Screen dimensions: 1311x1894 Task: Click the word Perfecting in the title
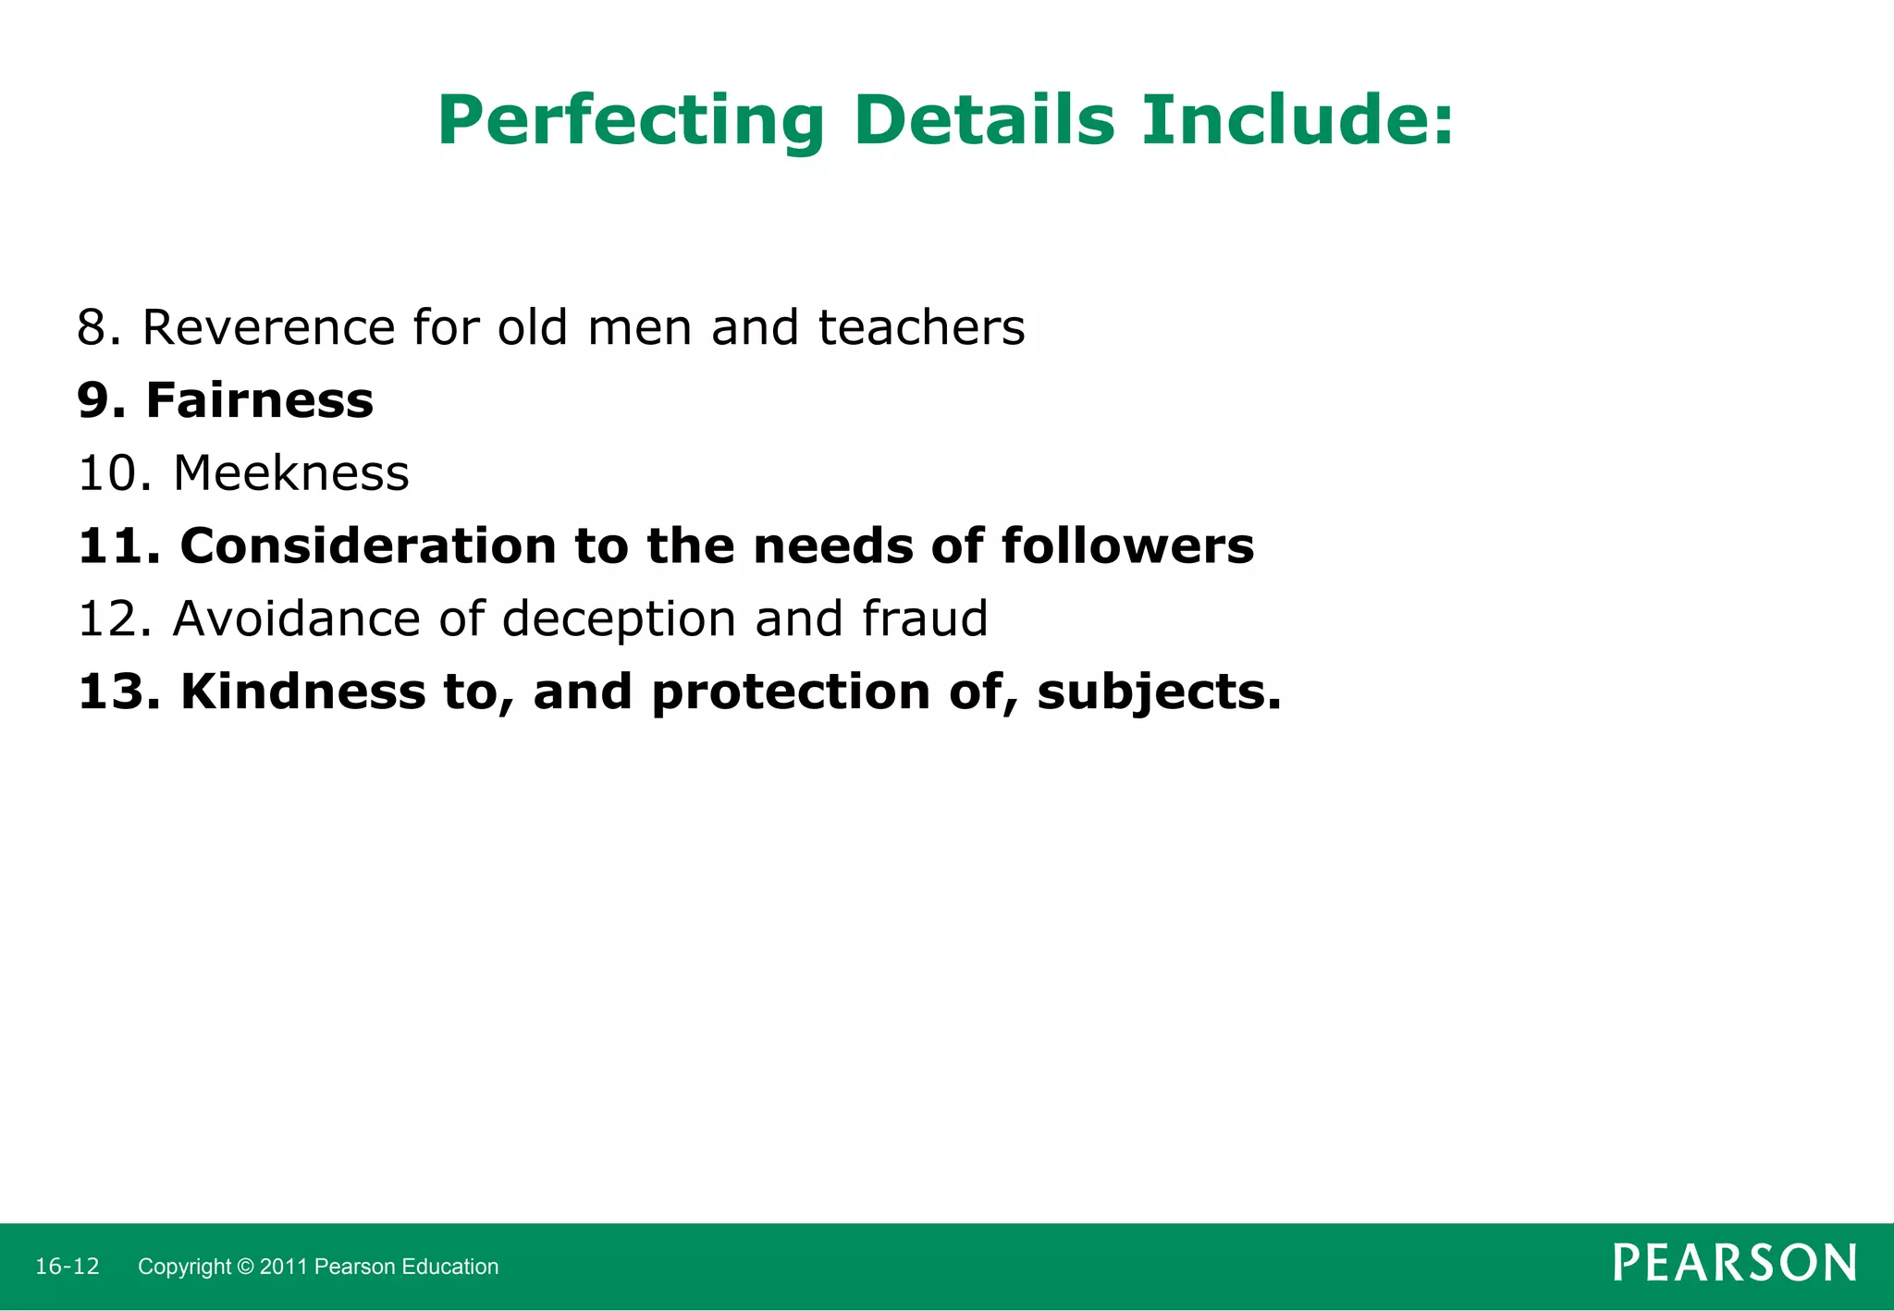click(x=631, y=122)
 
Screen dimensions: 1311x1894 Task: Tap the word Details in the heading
click(x=984, y=120)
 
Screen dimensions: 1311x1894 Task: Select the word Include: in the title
click(x=1298, y=120)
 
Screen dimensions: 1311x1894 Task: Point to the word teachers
click(x=921, y=328)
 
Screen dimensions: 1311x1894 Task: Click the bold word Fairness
click(x=260, y=401)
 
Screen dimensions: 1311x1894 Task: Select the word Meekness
click(x=291, y=473)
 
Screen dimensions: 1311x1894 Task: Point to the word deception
click(x=619, y=620)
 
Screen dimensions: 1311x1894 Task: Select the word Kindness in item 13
click(x=303, y=692)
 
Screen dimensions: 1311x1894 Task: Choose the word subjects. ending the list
click(x=1160, y=693)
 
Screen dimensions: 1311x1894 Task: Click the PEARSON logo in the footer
click(x=1734, y=1264)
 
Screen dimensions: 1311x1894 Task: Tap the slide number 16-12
click(x=68, y=1267)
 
